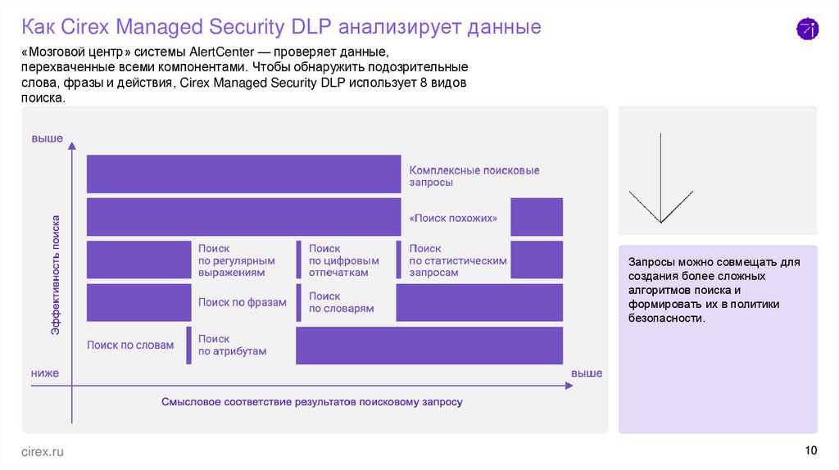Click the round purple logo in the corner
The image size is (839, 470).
click(807, 29)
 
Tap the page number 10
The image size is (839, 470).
click(810, 450)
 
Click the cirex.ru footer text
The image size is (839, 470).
click(43, 452)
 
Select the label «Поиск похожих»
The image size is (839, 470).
click(453, 218)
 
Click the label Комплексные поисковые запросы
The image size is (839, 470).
click(474, 176)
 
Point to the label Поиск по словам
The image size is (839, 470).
click(130, 345)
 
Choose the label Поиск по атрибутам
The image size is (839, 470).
click(232, 345)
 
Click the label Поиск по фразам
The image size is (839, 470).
click(243, 303)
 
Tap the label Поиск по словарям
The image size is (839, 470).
click(341, 302)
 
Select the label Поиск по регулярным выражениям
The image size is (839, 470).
click(237, 260)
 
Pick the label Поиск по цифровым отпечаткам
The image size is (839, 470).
click(343, 260)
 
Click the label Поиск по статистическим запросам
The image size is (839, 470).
click(458, 260)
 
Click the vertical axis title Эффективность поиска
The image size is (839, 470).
click(55, 275)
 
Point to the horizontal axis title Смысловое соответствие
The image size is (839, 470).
click(312, 401)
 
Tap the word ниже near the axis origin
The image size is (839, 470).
click(45, 373)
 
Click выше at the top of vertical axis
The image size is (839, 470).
click(47, 138)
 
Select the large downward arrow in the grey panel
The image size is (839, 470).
click(661, 178)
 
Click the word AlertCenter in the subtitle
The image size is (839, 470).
click(221, 52)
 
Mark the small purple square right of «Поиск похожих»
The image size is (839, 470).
click(537, 216)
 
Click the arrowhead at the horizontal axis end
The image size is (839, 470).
click(570, 386)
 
